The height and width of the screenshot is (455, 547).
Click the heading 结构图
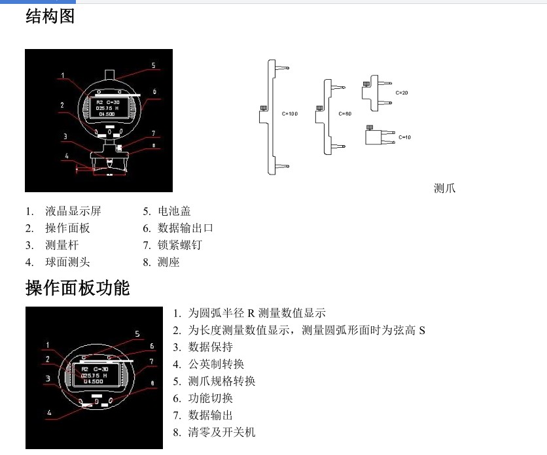50,16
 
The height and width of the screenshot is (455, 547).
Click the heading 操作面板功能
78,288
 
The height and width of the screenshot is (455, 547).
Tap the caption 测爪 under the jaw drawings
444,188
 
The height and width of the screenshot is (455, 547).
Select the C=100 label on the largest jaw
290,114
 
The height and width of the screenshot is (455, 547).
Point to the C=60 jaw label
345,114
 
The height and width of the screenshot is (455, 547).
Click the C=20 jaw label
402,93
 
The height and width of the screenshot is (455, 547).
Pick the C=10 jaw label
405,137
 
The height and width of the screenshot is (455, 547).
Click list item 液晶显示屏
73,211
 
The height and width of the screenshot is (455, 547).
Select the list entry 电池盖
174,211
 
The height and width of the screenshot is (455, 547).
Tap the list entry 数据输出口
185,228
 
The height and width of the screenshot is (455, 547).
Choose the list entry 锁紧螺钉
180,245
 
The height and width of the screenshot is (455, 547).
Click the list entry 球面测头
67,262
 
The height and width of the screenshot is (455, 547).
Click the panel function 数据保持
210,347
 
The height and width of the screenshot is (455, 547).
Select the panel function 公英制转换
216,364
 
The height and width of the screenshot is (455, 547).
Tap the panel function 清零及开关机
222,432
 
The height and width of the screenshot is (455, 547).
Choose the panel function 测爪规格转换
222,381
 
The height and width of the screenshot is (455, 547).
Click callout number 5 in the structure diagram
153,65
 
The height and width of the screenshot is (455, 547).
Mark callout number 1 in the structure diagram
63,76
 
